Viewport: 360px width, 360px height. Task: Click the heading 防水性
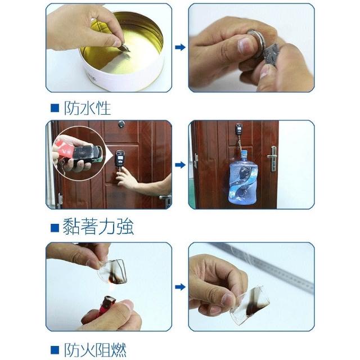pos(88,108)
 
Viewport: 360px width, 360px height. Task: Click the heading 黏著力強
pos(98,227)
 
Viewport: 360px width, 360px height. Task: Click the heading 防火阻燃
pos(95,350)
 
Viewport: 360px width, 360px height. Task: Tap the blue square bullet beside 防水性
pos(55,108)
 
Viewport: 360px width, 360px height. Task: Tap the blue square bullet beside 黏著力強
pos(55,228)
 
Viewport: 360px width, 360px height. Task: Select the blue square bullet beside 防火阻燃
pos(55,350)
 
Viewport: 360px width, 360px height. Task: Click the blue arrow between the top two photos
pos(180,47)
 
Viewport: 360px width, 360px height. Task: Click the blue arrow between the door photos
pos(180,165)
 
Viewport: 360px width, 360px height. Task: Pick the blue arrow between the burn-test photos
pos(180,287)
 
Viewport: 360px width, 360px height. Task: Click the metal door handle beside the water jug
pos(273,159)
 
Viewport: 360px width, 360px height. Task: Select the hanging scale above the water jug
pos(238,130)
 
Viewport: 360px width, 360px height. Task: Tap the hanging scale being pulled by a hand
pos(120,158)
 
